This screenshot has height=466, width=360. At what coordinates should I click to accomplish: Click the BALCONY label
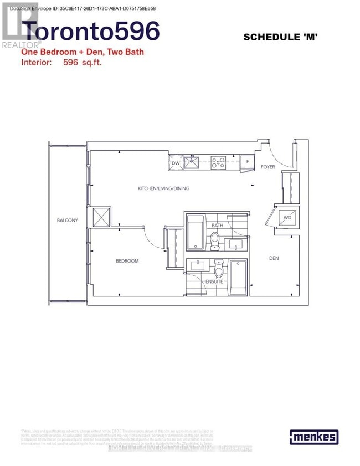(67, 221)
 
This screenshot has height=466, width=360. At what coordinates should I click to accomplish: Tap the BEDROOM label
(127, 261)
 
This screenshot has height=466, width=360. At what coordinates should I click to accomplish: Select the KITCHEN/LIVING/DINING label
(163, 188)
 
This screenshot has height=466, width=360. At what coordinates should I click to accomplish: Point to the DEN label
(274, 258)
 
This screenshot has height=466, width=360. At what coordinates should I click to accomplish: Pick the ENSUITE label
(214, 281)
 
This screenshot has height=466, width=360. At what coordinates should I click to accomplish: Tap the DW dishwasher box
(176, 163)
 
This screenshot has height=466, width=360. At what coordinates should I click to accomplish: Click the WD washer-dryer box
(287, 218)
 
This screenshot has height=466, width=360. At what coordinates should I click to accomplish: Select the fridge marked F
(248, 163)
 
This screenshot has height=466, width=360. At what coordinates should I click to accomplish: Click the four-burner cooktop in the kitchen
(217, 163)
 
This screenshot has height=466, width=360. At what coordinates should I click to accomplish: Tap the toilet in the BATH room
(215, 240)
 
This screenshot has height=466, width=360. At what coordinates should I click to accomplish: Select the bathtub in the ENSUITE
(239, 276)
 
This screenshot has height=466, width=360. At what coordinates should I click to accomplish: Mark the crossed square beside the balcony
(102, 217)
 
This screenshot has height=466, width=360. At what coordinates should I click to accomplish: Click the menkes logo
(313, 437)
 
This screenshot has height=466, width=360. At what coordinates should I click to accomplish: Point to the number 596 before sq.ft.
(76, 63)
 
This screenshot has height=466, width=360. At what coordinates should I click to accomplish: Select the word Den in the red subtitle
(86, 52)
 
